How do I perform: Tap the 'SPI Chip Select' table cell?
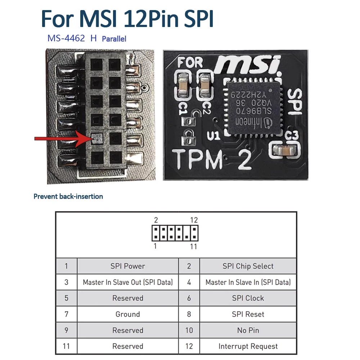tap(248, 266)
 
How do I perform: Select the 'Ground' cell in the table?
tap(127, 314)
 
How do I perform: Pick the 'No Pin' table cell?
tap(248, 330)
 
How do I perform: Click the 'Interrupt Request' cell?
tap(248, 347)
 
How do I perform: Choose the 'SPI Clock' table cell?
tap(248, 298)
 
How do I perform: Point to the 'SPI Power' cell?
tap(127, 266)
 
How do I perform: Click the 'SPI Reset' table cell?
tap(248, 314)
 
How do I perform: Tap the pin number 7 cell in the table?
tap(66, 314)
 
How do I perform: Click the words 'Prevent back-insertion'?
tap(68, 197)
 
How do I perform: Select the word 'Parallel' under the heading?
tap(114, 39)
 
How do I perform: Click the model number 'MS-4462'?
tap(66, 39)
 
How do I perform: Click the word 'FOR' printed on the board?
tap(190, 63)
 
